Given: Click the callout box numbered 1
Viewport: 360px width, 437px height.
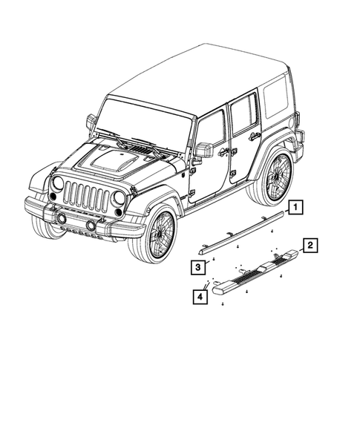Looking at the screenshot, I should click(296, 208).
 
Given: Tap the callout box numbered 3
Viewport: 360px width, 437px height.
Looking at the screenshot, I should click(200, 266).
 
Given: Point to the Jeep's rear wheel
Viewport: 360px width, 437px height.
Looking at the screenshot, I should click(273, 179).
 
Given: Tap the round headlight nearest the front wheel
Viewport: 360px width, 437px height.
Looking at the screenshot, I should click(119, 198).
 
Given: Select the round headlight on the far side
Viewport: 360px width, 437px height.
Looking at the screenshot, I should click(58, 183).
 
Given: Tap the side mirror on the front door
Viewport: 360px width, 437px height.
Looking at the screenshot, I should click(203, 150).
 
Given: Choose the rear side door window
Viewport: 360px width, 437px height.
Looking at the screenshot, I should click(243, 115).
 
